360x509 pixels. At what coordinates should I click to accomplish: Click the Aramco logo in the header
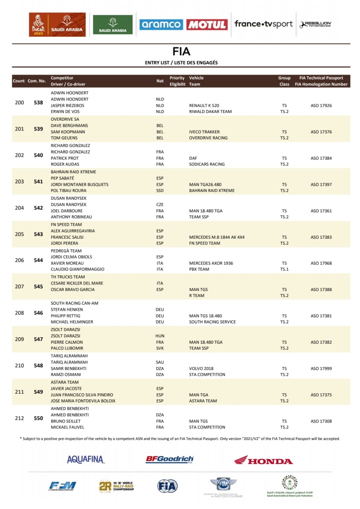(x=161, y=25)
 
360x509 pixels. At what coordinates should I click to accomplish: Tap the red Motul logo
(x=207, y=25)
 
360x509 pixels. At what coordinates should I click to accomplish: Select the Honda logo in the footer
(x=263, y=461)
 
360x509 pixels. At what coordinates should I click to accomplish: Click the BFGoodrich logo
(x=170, y=459)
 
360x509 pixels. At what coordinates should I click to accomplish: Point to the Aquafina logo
(x=86, y=459)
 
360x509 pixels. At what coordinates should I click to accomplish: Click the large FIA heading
(x=181, y=52)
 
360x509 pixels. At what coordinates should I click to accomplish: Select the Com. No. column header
(x=37, y=81)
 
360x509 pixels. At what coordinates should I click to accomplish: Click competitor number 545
(x=38, y=286)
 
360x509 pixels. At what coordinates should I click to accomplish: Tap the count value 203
(x=19, y=181)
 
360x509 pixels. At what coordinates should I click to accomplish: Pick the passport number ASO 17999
(x=321, y=368)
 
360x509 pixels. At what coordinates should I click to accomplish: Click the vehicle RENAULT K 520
(x=204, y=105)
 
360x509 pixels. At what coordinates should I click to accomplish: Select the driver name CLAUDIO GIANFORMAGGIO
(x=77, y=269)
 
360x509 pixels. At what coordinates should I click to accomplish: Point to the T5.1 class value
(x=284, y=269)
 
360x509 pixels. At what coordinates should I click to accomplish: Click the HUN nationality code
(x=160, y=336)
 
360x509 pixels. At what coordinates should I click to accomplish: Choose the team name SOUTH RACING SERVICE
(x=212, y=322)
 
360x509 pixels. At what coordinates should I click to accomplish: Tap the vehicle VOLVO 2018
(x=201, y=368)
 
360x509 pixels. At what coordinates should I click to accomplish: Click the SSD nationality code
(x=160, y=191)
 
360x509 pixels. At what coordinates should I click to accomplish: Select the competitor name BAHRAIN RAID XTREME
(x=73, y=172)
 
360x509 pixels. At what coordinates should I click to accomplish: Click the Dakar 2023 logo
(x=39, y=25)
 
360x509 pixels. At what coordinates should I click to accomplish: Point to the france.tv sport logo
(x=263, y=24)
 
